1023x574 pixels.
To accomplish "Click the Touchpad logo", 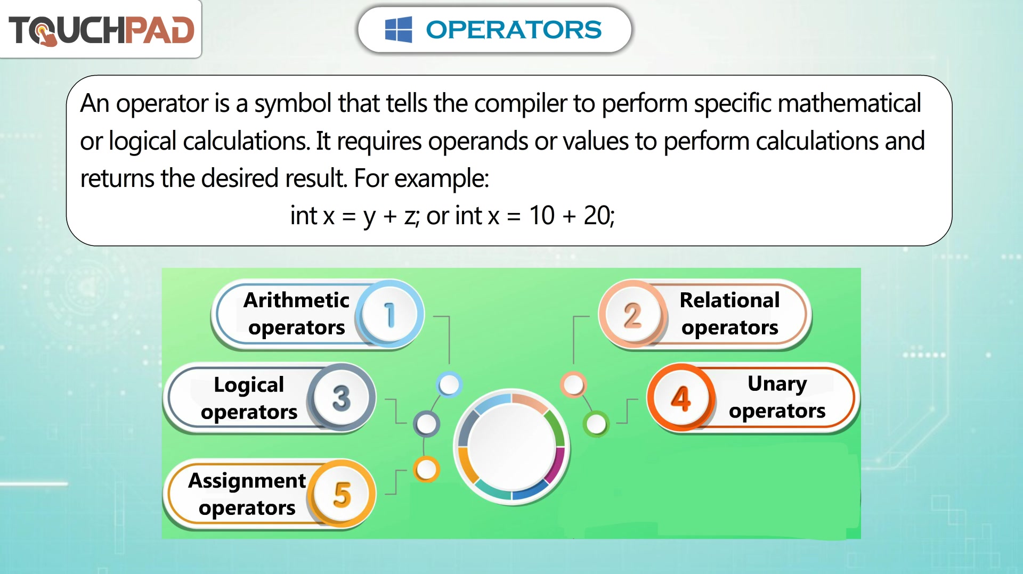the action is (x=101, y=30).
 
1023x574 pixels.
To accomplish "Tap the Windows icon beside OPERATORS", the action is (x=399, y=29).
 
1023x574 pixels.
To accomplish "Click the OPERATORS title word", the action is (x=514, y=30).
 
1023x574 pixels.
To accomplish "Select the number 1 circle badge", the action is (x=389, y=314).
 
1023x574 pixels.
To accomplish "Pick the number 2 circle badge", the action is (x=632, y=314).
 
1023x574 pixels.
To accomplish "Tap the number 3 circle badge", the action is (x=341, y=398).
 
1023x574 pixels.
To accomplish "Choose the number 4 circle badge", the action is (x=681, y=398).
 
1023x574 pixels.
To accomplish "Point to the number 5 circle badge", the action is (x=342, y=494).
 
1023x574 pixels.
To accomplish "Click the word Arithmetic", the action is (x=296, y=300).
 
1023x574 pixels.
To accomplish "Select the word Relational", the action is (x=730, y=300).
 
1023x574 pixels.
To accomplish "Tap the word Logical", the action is (x=249, y=385).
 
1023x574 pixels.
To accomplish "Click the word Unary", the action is (x=777, y=384).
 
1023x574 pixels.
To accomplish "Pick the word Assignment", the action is (x=247, y=481).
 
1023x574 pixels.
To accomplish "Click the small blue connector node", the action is (x=449, y=384).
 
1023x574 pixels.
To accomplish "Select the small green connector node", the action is (x=596, y=424).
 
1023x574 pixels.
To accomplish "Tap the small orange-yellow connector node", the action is (x=426, y=469).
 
